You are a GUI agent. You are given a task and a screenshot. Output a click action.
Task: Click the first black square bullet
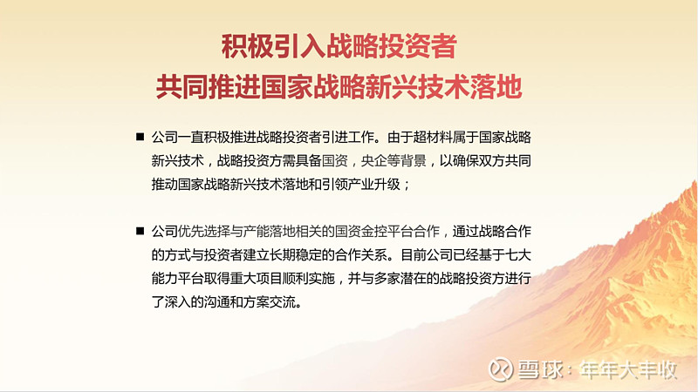[x=140, y=137]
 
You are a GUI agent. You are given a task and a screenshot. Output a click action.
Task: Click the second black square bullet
[x=140, y=231]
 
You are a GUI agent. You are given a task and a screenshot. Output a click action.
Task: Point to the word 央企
[x=374, y=160]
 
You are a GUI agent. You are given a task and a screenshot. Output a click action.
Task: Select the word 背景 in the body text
[x=413, y=160]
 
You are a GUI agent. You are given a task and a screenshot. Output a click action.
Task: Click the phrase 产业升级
[x=374, y=184]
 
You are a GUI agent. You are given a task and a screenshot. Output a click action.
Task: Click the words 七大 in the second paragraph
[x=518, y=254]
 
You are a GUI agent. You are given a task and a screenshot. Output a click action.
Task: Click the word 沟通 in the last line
[x=216, y=301]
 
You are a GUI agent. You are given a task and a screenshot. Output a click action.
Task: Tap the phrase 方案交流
[x=270, y=301]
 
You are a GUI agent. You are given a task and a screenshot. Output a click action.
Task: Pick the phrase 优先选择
[x=204, y=231]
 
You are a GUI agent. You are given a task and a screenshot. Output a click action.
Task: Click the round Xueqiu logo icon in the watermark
[x=500, y=368]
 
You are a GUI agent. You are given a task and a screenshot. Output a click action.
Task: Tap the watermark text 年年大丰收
[x=628, y=369]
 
